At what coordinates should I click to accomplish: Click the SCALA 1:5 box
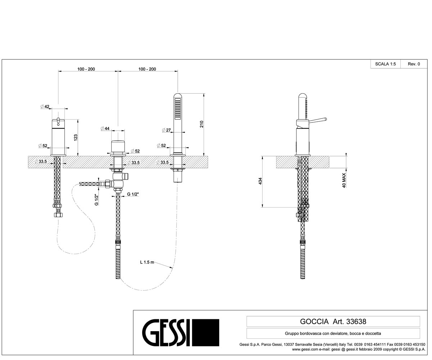click(386, 64)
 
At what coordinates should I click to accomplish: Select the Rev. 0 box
click(414, 64)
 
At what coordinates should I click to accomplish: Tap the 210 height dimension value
click(202, 124)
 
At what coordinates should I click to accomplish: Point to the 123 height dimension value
click(76, 138)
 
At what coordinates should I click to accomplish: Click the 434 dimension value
click(260, 181)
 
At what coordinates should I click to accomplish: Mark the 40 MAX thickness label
click(344, 180)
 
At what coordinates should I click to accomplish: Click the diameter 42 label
click(45, 107)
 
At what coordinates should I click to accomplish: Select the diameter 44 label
click(105, 129)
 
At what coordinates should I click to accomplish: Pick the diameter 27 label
click(166, 130)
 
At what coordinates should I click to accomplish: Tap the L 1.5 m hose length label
click(147, 262)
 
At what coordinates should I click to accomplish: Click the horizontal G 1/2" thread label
click(133, 194)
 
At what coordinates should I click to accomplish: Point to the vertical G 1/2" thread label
click(96, 200)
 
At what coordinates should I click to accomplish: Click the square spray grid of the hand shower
click(178, 109)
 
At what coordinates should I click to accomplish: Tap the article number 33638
click(356, 321)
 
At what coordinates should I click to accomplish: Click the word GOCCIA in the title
click(314, 321)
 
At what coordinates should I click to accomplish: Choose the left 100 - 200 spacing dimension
click(86, 69)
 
